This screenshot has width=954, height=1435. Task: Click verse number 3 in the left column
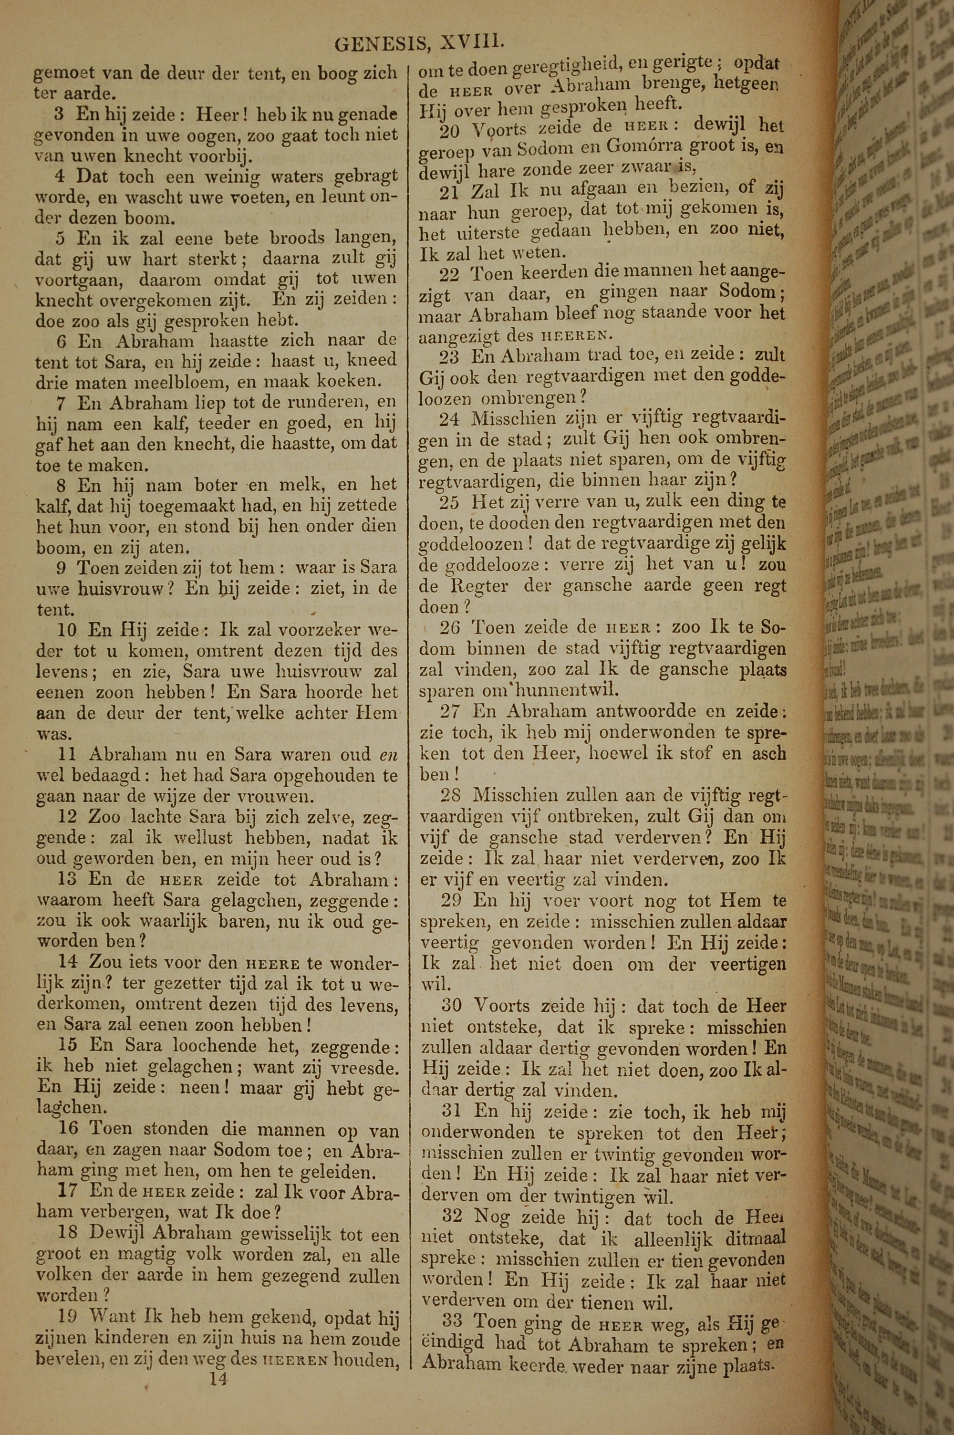[x=59, y=114]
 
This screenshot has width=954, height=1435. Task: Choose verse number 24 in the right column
[x=450, y=418]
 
